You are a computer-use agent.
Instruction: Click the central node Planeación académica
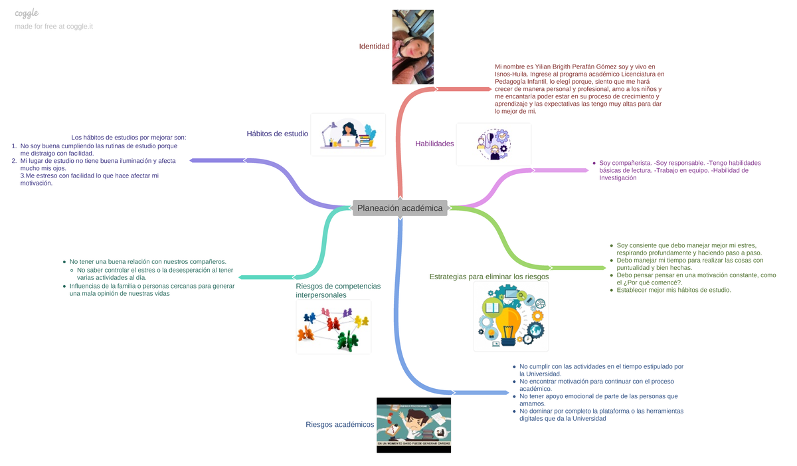400,208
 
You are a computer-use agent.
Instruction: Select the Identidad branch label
374,47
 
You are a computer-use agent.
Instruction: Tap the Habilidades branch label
434,144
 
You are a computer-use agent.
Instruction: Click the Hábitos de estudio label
277,134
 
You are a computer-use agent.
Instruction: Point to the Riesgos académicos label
339,425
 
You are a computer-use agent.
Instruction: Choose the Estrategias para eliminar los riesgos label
489,277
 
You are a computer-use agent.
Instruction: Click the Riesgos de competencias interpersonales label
337,290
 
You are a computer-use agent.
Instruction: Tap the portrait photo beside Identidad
412,47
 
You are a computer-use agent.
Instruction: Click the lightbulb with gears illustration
511,316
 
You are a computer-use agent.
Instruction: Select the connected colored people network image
333,327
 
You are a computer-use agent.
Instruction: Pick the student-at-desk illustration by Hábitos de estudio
348,134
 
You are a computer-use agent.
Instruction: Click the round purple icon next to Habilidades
493,145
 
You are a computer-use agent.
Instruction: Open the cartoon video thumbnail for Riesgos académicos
413,425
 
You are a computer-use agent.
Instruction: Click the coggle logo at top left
27,13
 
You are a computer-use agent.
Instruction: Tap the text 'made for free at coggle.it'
54,27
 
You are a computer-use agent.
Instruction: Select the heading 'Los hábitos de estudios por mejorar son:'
129,138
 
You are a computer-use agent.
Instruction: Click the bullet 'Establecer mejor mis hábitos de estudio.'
673,290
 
